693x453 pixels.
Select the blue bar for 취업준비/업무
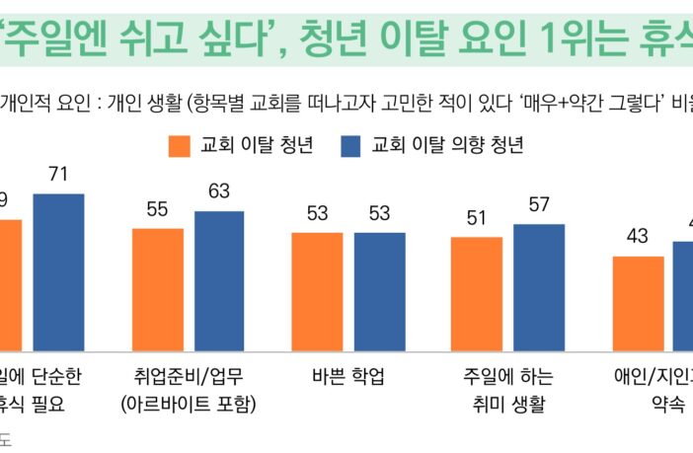tap(218, 275)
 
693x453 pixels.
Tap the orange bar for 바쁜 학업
tap(317, 286)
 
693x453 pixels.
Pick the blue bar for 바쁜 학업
tap(379, 286)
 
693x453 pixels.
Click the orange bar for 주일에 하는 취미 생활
tap(477, 288)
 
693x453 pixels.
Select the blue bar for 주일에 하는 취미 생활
tap(539, 281)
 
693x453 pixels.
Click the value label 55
tap(158, 209)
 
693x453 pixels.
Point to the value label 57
tap(539, 205)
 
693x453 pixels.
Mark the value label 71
tap(58, 175)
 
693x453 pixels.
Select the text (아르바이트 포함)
tap(188, 404)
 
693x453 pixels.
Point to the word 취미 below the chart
tap(482, 404)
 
